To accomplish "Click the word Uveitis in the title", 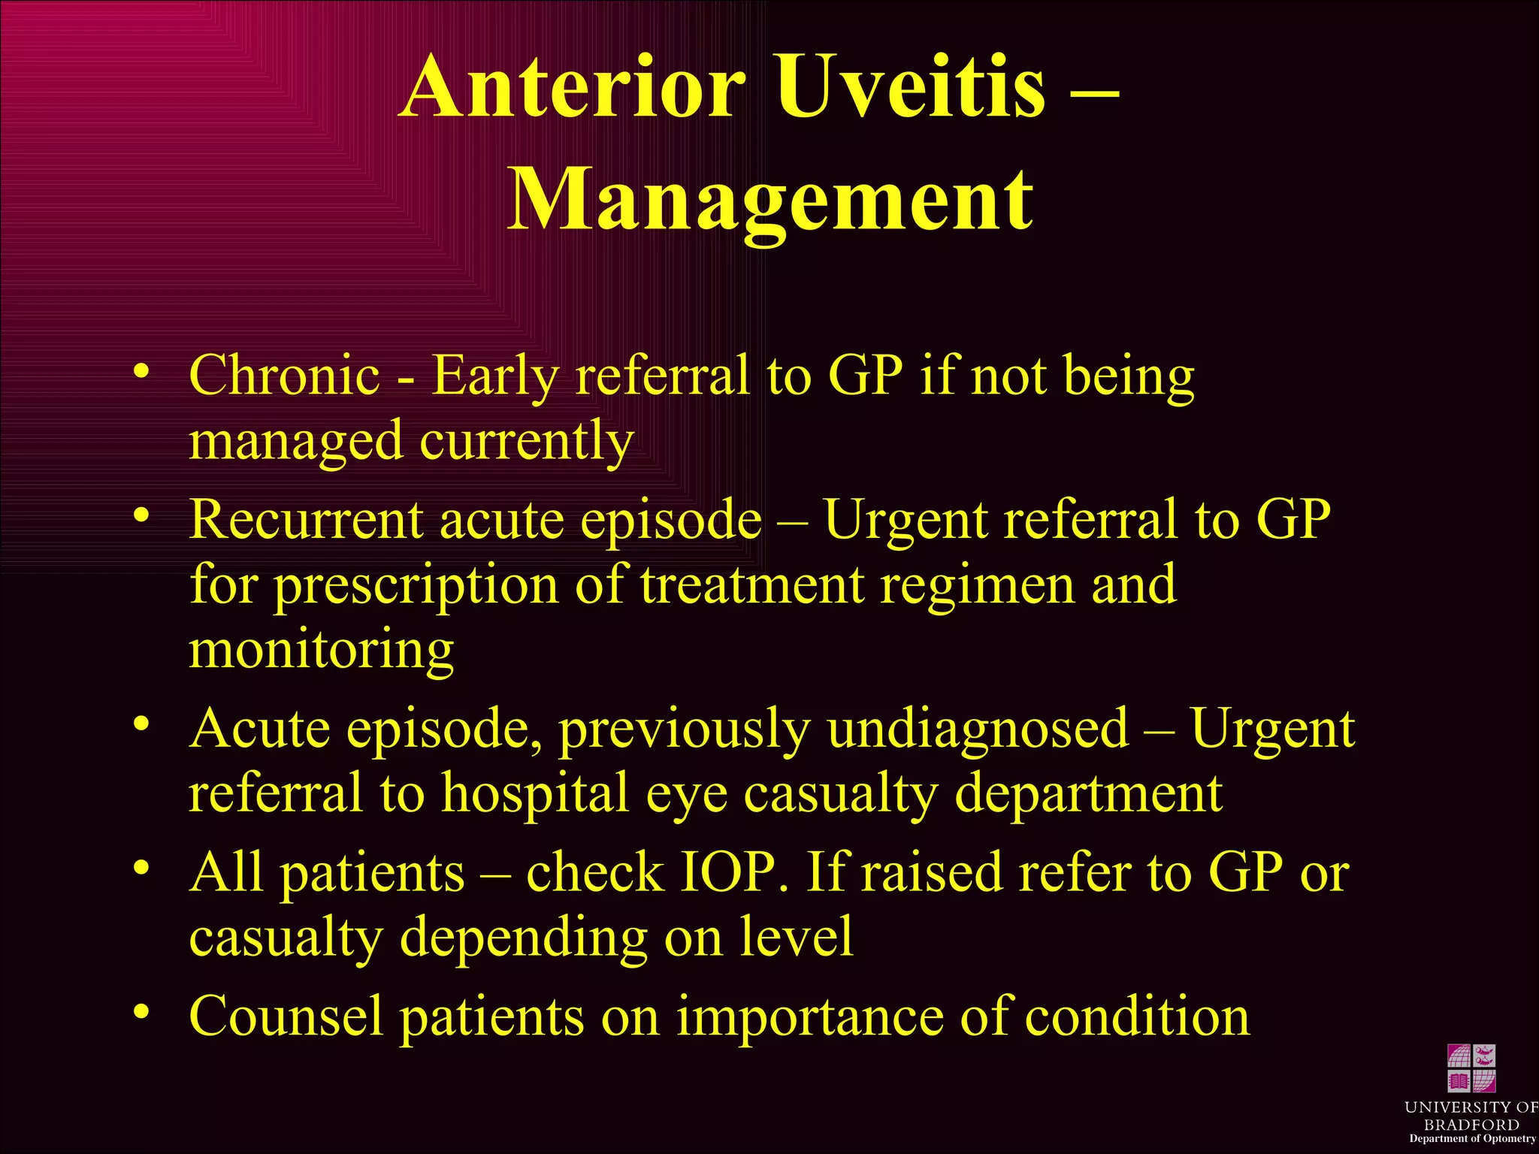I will point(909,88).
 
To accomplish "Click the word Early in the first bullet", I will point(494,376).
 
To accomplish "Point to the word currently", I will point(527,442).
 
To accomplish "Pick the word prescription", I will point(416,586).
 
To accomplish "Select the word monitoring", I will point(321,651).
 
